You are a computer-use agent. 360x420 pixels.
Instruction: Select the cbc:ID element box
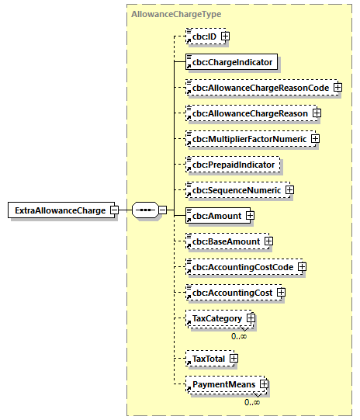click(x=204, y=36)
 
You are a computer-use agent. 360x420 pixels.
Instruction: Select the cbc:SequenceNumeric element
click(x=236, y=190)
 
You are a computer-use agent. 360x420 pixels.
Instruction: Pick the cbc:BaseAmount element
click(x=226, y=241)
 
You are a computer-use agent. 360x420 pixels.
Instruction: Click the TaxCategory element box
click(x=216, y=318)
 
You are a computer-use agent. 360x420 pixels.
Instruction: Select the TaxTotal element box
click(x=208, y=358)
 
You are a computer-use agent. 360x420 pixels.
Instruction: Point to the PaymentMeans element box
click(x=223, y=384)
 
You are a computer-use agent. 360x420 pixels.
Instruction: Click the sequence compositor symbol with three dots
click(x=144, y=210)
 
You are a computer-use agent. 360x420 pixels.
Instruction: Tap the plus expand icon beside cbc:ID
click(x=225, y=36)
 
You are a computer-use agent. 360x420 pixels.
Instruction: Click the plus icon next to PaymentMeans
click(x=265, y=384)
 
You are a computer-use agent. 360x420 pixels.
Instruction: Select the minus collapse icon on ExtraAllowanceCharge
click(x=114, y=210)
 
